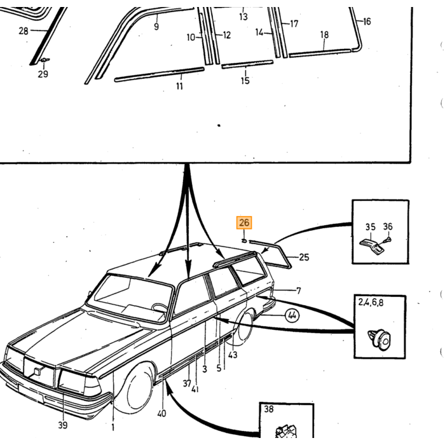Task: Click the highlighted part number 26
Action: tap(244, 222)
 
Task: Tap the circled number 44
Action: tap(292, 315)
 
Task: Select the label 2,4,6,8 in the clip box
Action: tap(371, 302)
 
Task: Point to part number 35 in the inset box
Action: tap(370, 227)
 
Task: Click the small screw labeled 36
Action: tap(387, 240)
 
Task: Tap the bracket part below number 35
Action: tap(371, 247)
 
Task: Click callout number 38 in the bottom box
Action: tap(268, 409)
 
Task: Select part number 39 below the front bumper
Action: tap(63, 425)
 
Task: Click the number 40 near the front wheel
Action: tap(161, 413)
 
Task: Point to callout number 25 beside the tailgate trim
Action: tap(304, 257)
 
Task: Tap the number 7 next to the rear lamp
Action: tap(298, 291)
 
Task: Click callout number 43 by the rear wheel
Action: tap(233, 355)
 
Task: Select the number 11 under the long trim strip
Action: tap(179, 86)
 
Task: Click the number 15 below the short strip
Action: tap(245, 80)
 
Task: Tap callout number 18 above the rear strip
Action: tap(324, 34)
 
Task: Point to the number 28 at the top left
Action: tap(24, 31)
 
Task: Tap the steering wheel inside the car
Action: tap(159, 308)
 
